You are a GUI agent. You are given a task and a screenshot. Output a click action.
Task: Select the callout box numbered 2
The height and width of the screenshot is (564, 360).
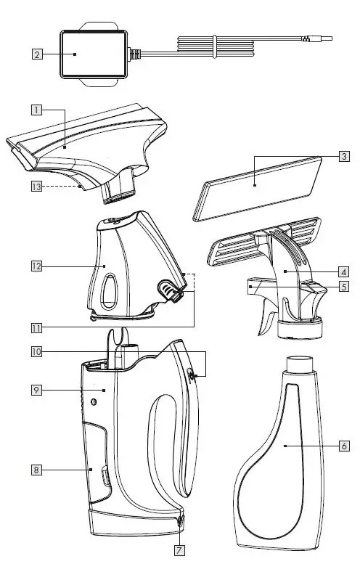coord(36,54)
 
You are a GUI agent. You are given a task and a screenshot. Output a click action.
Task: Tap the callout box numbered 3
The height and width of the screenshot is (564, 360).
coord(344,156)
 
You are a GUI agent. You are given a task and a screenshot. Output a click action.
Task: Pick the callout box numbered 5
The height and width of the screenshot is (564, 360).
coord(344,287)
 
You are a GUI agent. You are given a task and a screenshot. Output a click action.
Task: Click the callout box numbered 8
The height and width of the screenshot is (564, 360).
coord(36,470)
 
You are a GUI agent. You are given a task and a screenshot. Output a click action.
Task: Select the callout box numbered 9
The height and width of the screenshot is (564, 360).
coord(36,390)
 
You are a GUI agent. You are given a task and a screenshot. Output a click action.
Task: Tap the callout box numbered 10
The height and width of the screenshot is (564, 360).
coord(36,352)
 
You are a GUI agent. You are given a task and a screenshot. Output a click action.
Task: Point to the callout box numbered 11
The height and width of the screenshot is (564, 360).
coord(36,326)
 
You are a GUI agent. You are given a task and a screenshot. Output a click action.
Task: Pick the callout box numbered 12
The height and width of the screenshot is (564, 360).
coord(36,266)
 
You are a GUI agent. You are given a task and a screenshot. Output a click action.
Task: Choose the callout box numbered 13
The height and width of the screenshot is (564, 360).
coord(36,187)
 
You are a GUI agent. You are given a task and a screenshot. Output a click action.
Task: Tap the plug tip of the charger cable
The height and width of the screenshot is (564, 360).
coord(326,41)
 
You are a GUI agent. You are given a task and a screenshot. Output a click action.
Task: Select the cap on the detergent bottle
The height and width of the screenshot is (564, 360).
coord(299,364)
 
